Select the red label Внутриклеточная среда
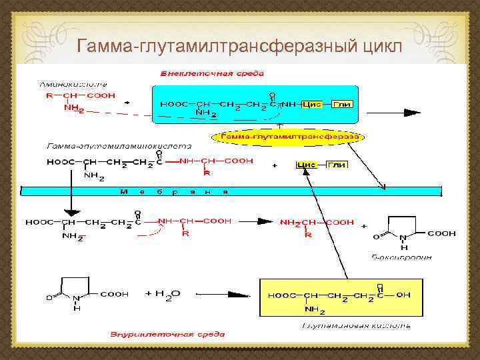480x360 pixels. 167,333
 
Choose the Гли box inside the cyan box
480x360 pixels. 341,105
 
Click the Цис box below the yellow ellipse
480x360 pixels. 306,164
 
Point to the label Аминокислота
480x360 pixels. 64,85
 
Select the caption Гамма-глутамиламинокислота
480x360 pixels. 119,145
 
